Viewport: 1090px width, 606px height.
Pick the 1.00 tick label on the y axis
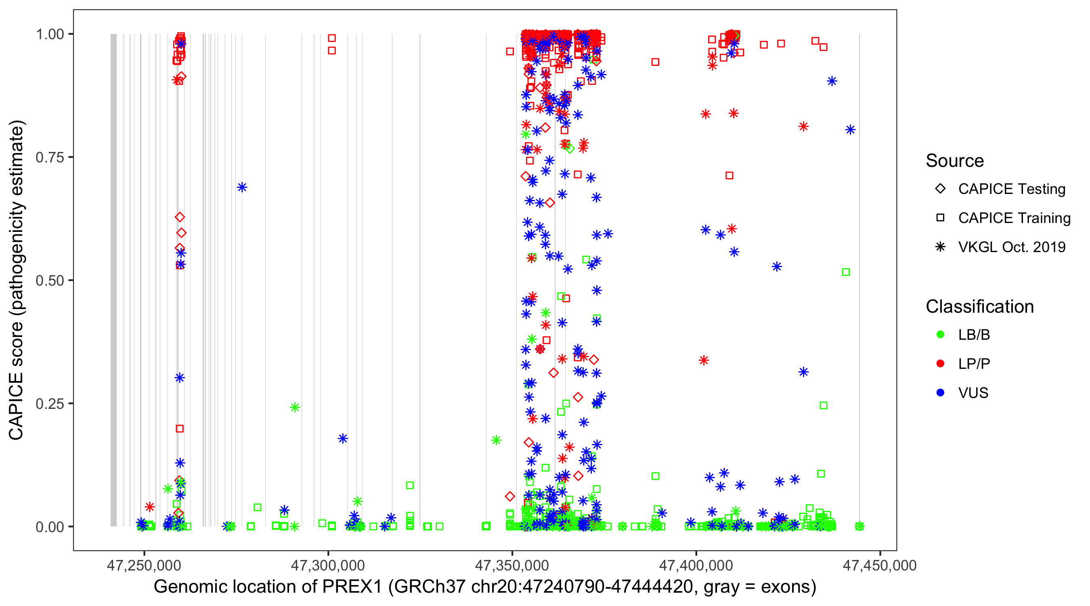click(x=50, y=34)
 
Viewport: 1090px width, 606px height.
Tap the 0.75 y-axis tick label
click(x=50, y=158)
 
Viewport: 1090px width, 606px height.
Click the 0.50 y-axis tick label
click(x=50, y=280)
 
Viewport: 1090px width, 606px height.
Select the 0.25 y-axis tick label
click(x=50, y=404)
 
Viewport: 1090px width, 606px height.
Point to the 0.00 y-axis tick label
click(x=50, y=527)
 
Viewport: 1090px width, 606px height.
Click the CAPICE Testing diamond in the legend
click(x=940, y=189)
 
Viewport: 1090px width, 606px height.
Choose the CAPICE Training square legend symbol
click(x=940, y=218)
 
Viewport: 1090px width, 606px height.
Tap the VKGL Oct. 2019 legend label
click(x=1012, y=247)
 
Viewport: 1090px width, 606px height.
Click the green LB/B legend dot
click(x=940, y=335)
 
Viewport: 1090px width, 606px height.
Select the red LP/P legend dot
click(x=940, y=364)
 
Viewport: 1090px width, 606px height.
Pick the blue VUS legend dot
click(x=940, y=393)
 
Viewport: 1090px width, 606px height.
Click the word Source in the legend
click(x=955, y=161)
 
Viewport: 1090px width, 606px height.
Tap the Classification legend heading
click(x=979, y=307)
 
